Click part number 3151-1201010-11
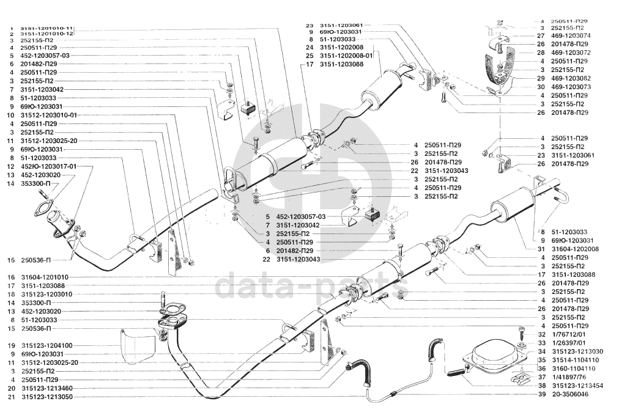pyautogui.click(x=47, y=29)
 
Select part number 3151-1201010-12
pyautogui.click(x=47, y=34)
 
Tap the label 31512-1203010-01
pyautogui.click(x=49, y=115)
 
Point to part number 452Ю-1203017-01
pyautogui.click(x=49, y=166)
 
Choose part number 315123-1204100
pyautogui.click(x=46, y=345)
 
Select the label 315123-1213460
pyautogui.click(x=46, y=388)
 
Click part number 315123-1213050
pyautogui.click(x=46, y=397)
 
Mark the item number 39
pyautogui.click(x=542, y=395)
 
